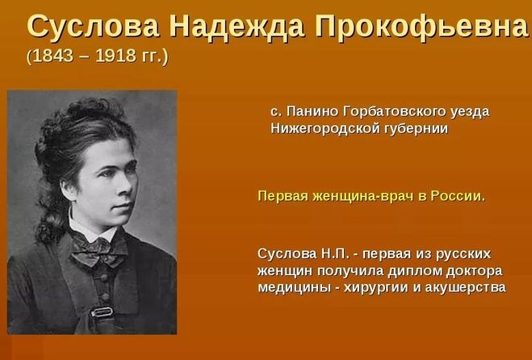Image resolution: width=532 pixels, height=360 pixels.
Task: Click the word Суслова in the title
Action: click(x=93, y=26)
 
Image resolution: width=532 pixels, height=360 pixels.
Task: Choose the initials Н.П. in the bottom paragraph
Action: click(x=335, y=253)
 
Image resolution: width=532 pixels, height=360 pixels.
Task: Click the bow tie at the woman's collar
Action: click(x=99, y=249)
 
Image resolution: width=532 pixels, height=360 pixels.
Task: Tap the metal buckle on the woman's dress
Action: click(x=103, y=312)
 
